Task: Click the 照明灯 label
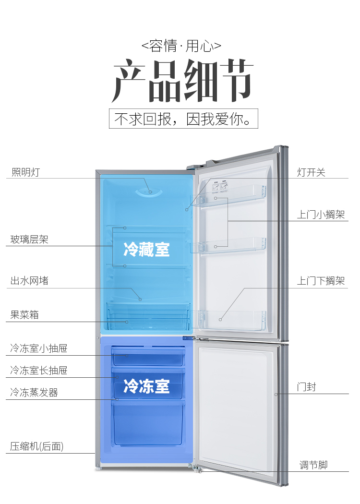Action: [x=25, y=172]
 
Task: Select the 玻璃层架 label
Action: [x=29, y=240]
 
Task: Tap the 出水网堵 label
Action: [x=29, y=281]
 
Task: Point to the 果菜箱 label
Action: [x=24, y=315]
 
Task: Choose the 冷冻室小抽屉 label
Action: [x=38, y=348]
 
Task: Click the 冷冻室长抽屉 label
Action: [x=38, y=370]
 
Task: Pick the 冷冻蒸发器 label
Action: [x=34, y=393]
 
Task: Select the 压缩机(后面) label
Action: [x=36, y=446]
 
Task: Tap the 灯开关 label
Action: [x=311, y=172]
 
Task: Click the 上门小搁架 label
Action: [x=321, y=215]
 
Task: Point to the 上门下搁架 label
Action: [x=321, y=281]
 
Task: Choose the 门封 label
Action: [x=306, y=387]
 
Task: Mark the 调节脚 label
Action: [x=313, y=465]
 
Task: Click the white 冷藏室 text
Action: [x=146, y=249]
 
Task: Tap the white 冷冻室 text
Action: [x=146, y=386]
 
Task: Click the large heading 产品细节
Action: [x=182, y=81]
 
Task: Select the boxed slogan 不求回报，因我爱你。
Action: [x=183, y=119]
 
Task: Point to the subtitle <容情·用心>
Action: [x=181, y=46]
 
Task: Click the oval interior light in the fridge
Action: [x=149, y=192]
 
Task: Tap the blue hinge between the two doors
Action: [x=188, y=338]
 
